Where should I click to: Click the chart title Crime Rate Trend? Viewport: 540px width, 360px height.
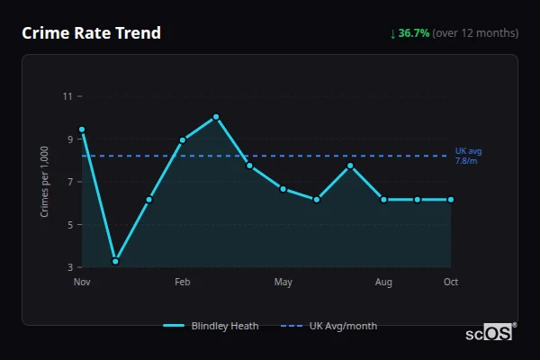pyautogui.click(x=91, y=33)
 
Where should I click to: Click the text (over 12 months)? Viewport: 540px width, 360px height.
pyautogui.click(x=475, y=33)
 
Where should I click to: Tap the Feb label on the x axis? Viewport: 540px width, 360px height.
pyautogui.click(x=183, y=283)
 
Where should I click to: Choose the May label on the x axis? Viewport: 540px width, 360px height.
pyautogui.click(x=283, y=283)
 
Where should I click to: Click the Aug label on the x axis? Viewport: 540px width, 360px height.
pyautogui.click(x=383, y=283)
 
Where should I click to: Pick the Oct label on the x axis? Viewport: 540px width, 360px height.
pyautogui.click(x=451, y=283)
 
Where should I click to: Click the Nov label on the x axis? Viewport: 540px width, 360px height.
pyautogui.click(x=82, y=283)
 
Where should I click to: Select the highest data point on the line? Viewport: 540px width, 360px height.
pyautogui.click(x=216, y=117)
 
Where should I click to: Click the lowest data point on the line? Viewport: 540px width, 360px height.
pyautogui.click(x=115, y=261)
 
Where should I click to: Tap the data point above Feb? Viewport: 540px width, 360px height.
pyautogui.click(x=183, y=139)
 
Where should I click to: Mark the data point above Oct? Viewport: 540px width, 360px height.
pyautogui.click(x=451, y=199)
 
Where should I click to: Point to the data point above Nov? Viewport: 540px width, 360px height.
pyautogui.click(x=82, y=130)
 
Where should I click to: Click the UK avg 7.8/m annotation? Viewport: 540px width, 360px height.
pyautogui.click(x=468, y=156)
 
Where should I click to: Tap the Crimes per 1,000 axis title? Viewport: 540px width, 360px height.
pyautogui.click(x=45, y=182)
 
